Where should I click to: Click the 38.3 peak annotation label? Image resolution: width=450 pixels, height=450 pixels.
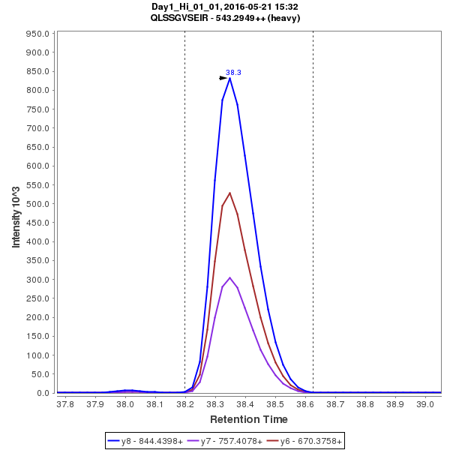point(233,73)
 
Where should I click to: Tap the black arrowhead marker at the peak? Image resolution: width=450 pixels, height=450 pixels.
point(223,78)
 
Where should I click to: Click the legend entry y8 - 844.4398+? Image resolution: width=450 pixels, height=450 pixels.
point(146,441)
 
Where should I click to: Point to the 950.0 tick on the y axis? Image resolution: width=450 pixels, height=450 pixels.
point(37,34)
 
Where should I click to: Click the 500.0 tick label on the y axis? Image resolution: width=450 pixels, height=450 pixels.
point(37,204)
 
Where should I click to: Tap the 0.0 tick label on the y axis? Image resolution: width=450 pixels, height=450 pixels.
point(43,393)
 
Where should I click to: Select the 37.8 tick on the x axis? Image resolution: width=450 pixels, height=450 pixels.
point(65,404)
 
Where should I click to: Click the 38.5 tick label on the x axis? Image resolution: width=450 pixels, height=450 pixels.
point(275,404)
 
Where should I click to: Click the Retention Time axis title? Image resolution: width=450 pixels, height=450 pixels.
point(248,419)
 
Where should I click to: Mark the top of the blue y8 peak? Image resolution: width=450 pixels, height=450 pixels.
point(230,78)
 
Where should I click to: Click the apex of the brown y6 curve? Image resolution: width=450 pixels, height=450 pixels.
point(230,193)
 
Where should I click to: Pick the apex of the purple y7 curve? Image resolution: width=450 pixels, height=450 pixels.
point(230,277)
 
